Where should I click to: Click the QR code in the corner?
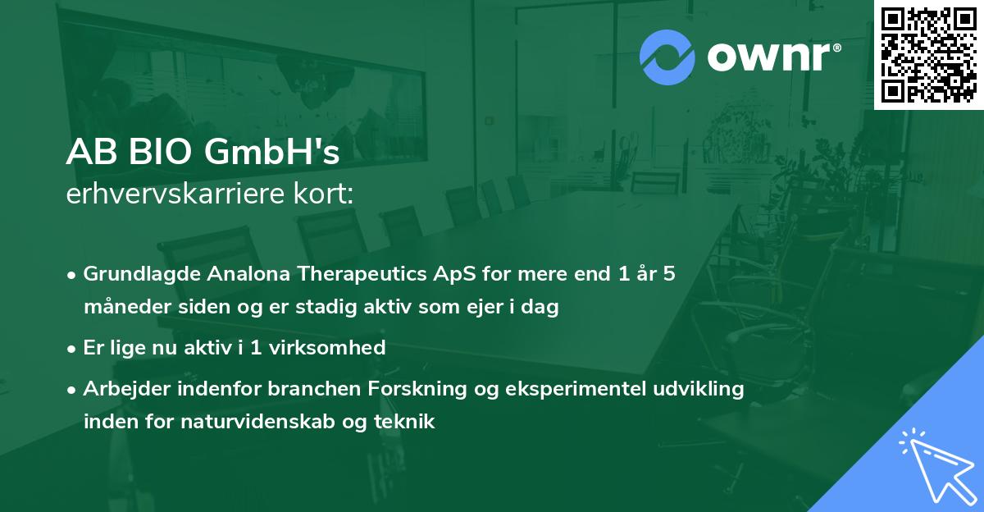tap(929, 54)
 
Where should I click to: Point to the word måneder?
tap(122, 308)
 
